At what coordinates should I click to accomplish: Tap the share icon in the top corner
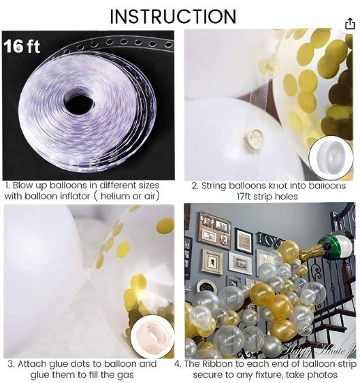coord(350,23)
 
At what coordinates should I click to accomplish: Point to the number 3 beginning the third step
coord(10,363)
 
